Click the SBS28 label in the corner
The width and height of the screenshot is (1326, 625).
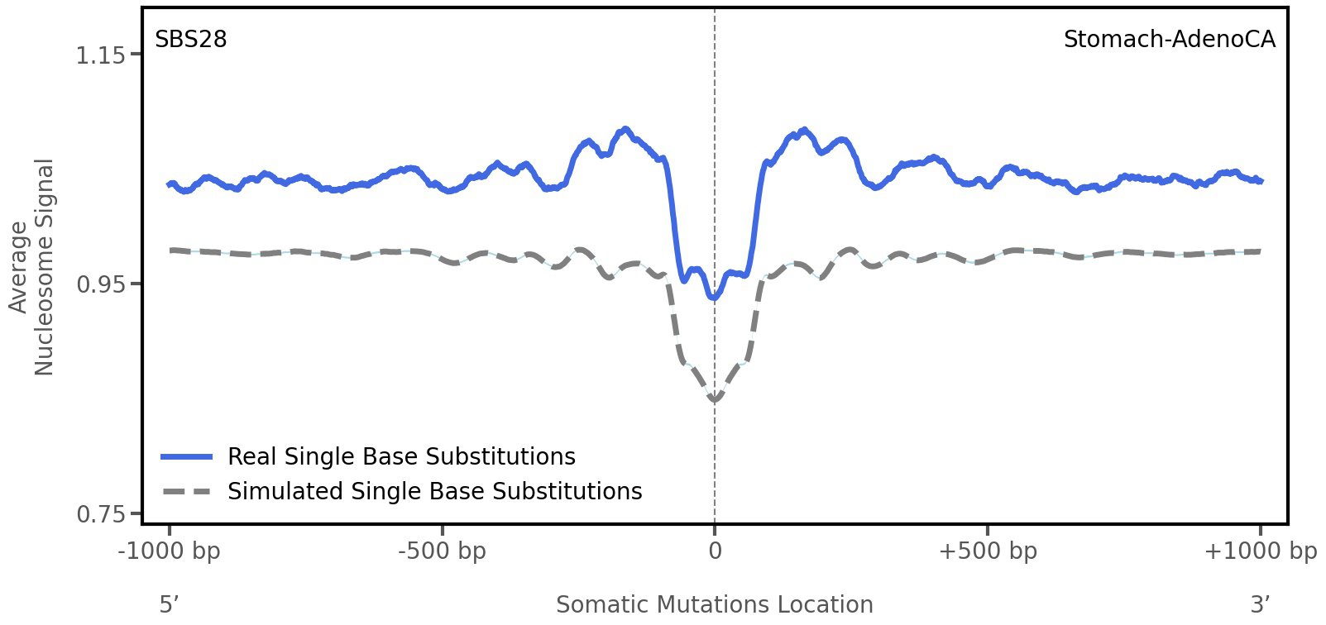[x=191, y=40]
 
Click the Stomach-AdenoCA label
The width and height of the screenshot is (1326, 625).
[x=1169, y=40]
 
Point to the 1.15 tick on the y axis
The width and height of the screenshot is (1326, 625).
[x=100, y=55]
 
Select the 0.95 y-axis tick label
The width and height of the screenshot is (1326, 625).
[x=100, y=285]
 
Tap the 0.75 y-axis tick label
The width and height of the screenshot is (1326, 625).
[x=100, y=514]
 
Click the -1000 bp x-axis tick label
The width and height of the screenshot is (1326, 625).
[x=170, y=551]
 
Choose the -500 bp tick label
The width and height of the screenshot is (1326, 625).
[x=442, y=551]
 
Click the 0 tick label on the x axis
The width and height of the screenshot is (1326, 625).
[x=715, y=551]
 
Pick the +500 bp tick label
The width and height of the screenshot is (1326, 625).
[x=988, y=551]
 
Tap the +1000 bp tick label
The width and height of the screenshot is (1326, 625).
[x=1260, y=551]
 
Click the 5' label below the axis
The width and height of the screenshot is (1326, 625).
[x=170, y=604]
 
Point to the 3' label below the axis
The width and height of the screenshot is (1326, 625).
[x=1260, y=604]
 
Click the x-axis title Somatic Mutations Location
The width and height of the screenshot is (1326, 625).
[x=715, y=605]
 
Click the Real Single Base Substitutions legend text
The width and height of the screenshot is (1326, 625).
[x=401, y=457]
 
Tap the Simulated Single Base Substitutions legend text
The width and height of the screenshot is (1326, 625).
[x=434, y=492]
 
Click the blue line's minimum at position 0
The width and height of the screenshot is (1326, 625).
[x=714, y=297]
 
